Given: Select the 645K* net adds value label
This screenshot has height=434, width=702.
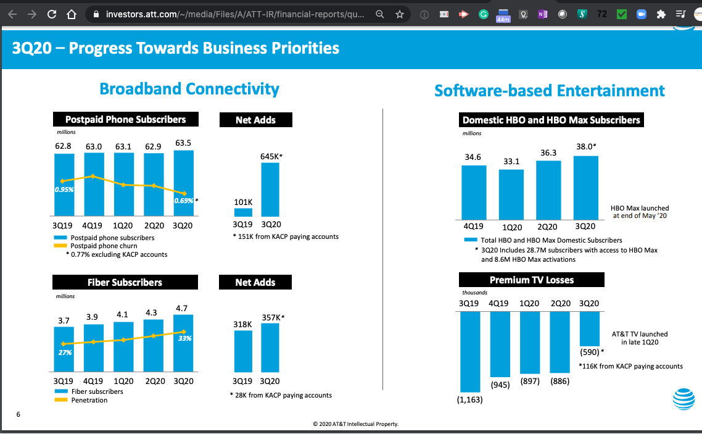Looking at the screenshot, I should (x=271, y=157).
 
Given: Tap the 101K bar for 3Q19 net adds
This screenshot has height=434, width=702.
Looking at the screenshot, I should (x=243, y=212).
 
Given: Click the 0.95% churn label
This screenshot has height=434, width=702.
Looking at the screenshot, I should (x=64, y=190).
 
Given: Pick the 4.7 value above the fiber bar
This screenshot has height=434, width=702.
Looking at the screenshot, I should (x=181, y=307).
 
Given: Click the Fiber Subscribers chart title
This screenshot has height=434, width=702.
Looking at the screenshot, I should (x=125, y=282).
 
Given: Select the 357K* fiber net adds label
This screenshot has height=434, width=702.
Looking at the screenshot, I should (x=273, y=317).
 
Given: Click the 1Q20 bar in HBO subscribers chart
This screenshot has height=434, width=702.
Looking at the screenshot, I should (x=511, y=194).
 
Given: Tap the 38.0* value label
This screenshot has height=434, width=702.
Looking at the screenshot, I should (x=586, y=147).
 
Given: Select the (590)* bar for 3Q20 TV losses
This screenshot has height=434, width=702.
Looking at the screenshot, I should (x=590, y=328).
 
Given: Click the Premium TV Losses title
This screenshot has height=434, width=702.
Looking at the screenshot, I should (x=531, y=280).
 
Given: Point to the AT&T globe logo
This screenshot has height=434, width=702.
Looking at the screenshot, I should (x=683, y=398).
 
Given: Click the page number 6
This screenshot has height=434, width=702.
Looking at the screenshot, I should (x=18, y=414).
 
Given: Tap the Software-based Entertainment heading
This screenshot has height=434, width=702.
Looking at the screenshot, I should (x=549, y=91).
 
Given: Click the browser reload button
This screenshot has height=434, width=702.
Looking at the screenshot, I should (x=52, y=14).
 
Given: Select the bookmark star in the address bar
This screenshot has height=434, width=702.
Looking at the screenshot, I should (x=399, y=14).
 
